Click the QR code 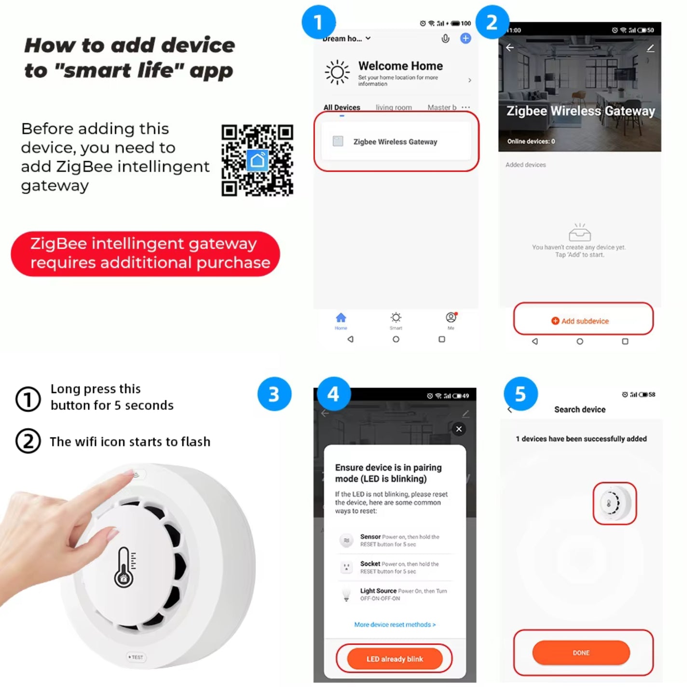[x=257, y=160]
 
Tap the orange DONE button [x=581, y=653]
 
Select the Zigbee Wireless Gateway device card [x=396, y=141]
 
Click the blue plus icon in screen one [x=465, y=39]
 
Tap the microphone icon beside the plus [x=445, y=39]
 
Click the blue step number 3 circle [x=274, y=394]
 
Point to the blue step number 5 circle [x=520, y=394]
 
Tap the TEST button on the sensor [x=136, y=657]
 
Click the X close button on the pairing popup [x=459, y=429]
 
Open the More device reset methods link [x=395, y=625]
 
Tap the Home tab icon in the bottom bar [x=341, y=318]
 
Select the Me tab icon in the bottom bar [x=451, y=318]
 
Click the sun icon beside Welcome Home [x=337, y=73]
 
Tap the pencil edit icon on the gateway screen [x=650, y=48]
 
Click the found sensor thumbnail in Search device [x=615, y=503]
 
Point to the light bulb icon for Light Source [x=346, y=594]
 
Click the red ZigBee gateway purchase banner [x=145, y=254]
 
